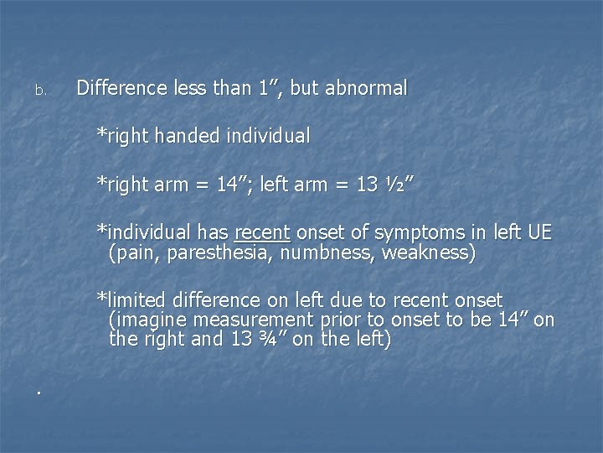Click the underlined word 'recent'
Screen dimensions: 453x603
(262, 232)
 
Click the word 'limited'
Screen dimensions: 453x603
(134, 300)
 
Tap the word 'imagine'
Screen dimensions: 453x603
(147, 320)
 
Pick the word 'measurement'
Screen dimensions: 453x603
(252, 320)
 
